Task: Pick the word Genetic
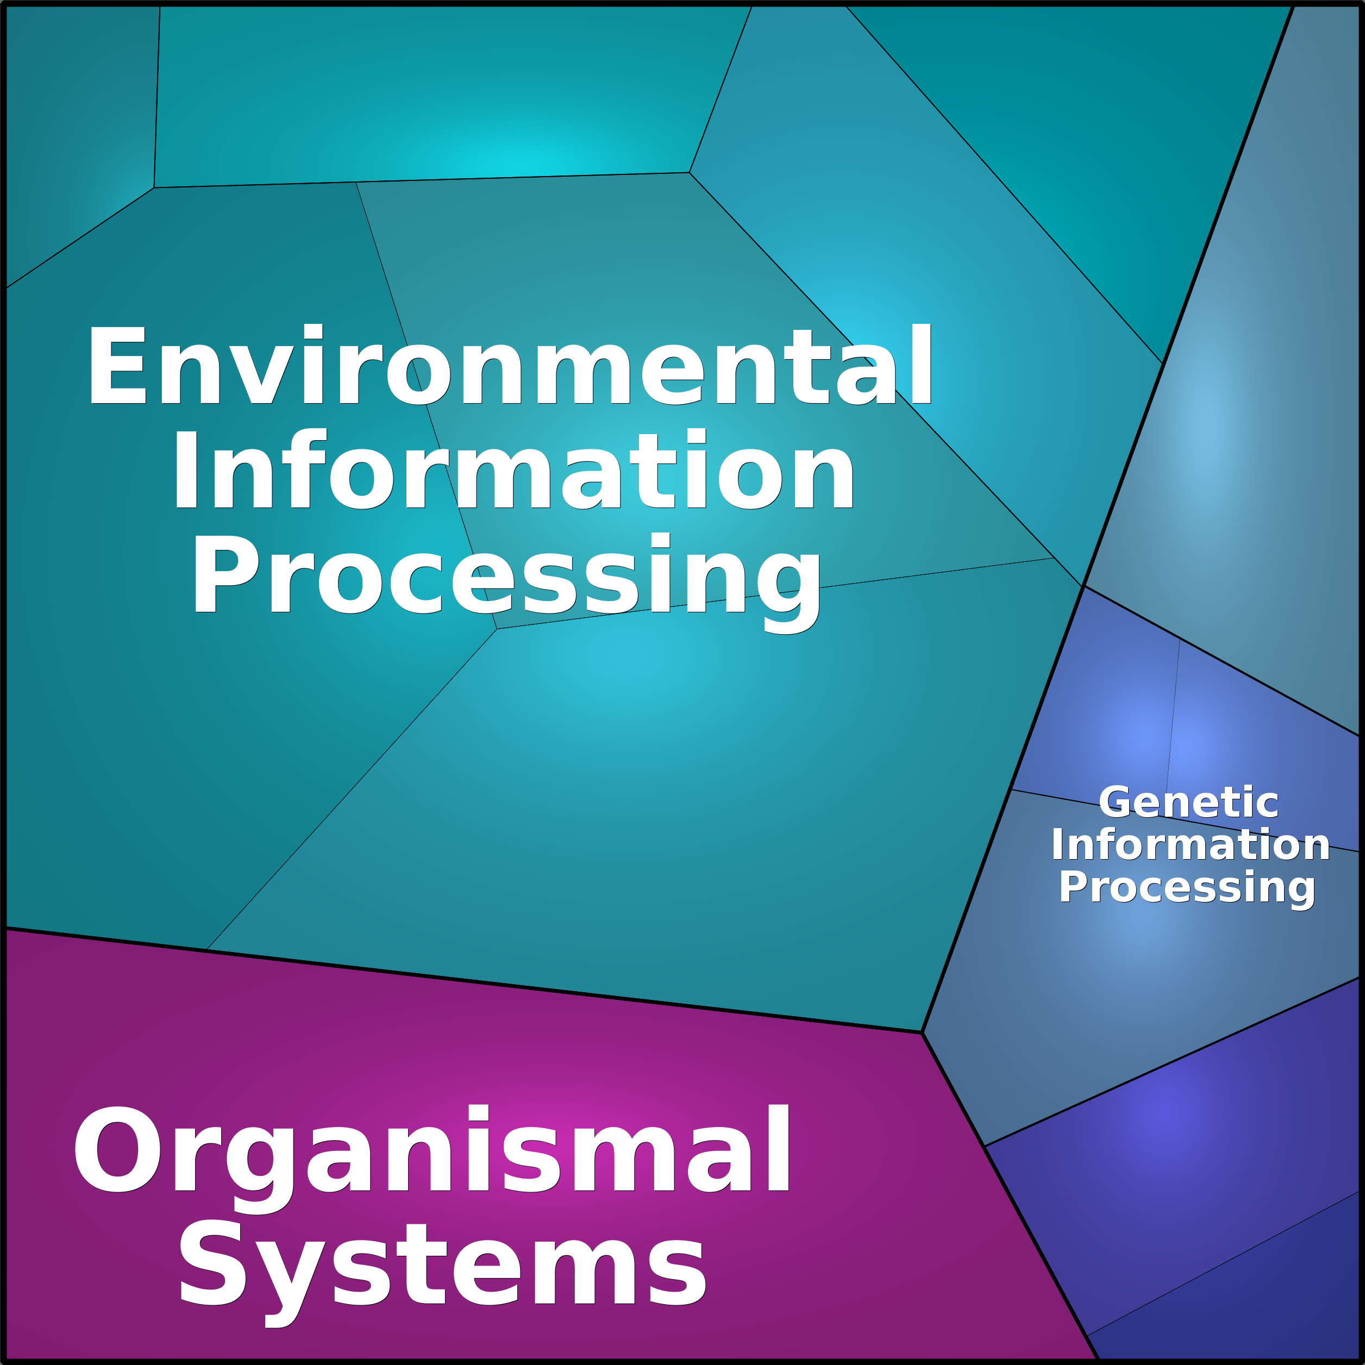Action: tap(1188, 803)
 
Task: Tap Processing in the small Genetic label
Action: tap(1187, 887)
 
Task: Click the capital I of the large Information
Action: tap(185, 471)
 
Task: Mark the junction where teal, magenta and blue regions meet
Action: tap(922, 1032)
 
